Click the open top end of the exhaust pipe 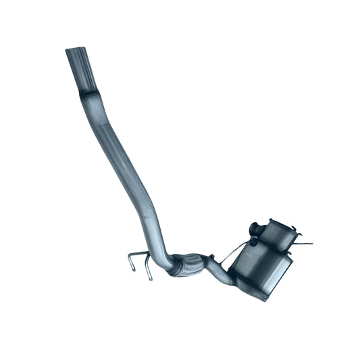pyautogui.click(x=74, y=51)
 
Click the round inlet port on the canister pyautogui.click(x=255, y=228)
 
